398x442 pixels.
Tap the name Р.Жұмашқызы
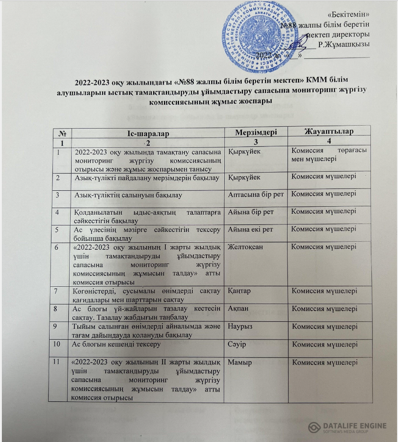(x=343, y=44)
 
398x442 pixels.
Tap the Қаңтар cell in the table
(x=239, y=291)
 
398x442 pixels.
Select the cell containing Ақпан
(x=238, y=309)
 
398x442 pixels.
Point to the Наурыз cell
(x=240, y=326)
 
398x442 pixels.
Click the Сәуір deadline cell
(x=237, y=344)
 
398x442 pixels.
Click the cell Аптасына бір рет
(x=256, y=194)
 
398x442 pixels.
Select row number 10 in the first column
(x=59, y=345)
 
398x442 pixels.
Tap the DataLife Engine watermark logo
(x=347, y=428)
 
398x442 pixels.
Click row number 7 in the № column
(x=58, y=291)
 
